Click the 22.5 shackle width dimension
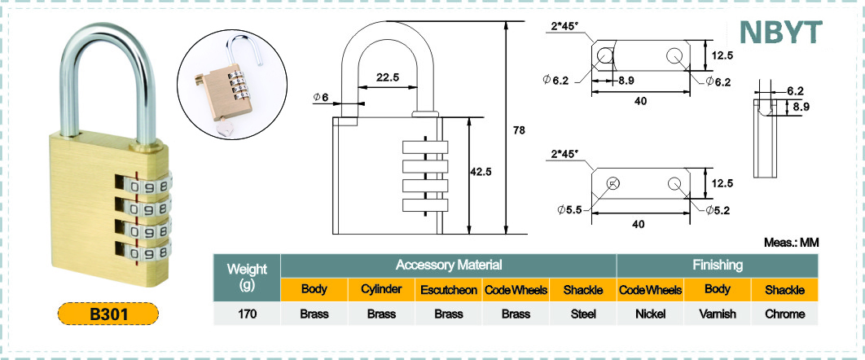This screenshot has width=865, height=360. [387, 78]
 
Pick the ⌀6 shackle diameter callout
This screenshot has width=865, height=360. [320, 98]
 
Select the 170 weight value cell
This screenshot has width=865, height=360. [247, 314]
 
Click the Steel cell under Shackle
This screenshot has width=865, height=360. [583, 314]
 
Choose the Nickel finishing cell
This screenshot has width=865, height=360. [650, 314]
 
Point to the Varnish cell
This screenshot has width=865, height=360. [718, 314]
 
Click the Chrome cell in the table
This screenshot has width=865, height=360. [784, 314]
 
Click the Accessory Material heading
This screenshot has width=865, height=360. [448, 265]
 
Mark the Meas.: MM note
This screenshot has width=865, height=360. [790, 243]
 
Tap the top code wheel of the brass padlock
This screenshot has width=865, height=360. [151, 187]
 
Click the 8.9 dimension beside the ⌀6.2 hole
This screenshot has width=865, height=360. [626, 81]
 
